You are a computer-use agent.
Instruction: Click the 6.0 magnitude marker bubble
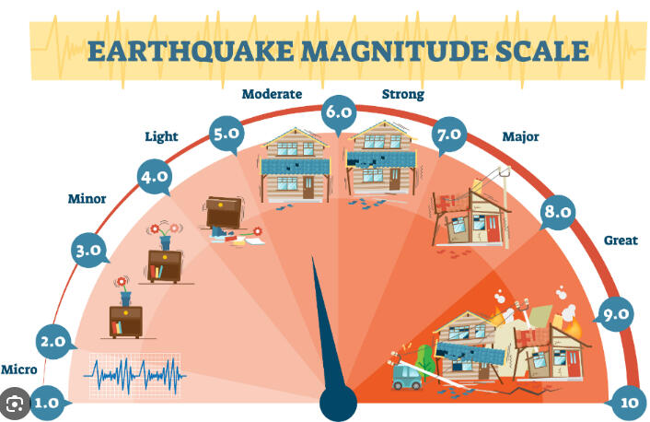[339, 111]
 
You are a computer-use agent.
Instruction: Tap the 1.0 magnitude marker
[46, 403]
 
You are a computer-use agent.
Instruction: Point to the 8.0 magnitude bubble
[558, 212]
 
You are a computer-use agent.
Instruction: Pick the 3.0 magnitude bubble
[88, 251]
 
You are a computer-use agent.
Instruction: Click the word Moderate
[272, 94]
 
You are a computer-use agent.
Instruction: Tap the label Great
[621, 240]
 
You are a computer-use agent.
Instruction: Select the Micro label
[18, 369]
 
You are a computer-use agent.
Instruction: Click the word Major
[521, 136]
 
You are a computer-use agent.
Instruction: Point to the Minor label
[87, 199]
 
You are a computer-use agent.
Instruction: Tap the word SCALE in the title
[542, 52]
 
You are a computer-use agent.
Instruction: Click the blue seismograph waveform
[134, 376]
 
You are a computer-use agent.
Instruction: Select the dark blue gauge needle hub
[338, 403]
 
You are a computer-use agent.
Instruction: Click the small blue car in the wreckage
[407, 376]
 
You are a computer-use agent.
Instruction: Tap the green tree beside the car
[425, 362]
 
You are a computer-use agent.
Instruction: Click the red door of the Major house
[493, 229]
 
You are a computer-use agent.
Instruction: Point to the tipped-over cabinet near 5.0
[224, 213]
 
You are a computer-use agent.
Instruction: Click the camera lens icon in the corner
[15, 404]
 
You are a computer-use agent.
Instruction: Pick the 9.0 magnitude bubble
[616, 314]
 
